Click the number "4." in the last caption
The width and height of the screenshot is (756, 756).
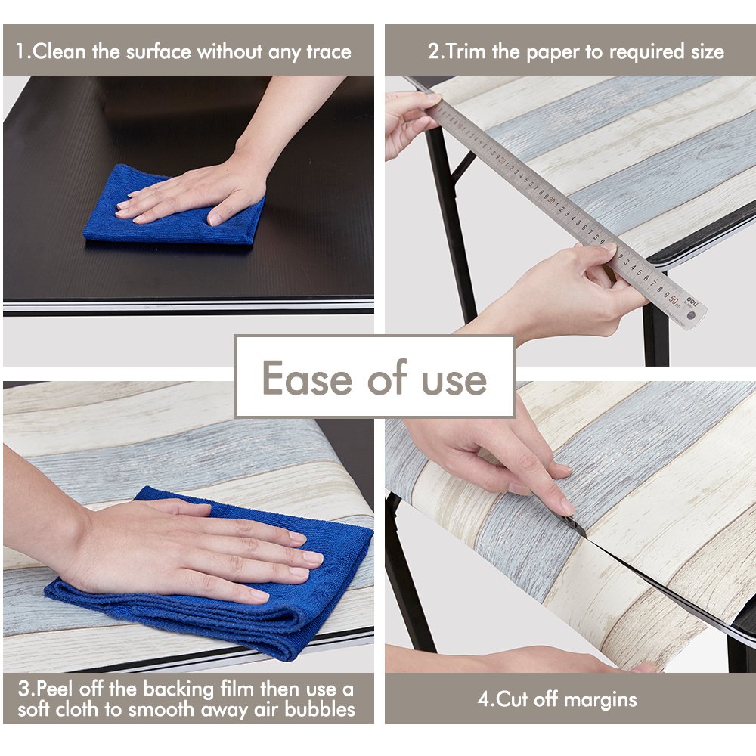[485, 699]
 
